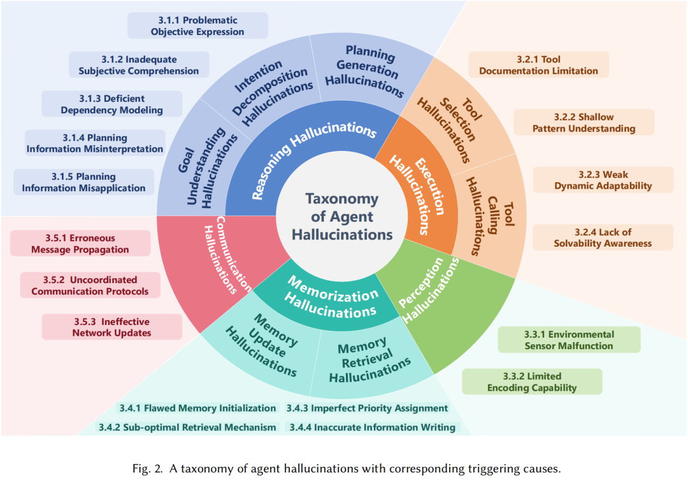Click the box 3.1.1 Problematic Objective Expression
(197, 25)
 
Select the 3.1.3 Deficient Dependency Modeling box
(112, 104)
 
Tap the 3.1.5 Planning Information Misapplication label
(83, 182)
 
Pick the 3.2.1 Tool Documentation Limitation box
(538, 65)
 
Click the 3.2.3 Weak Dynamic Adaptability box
(603, 180)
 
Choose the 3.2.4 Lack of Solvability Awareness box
(603, 237)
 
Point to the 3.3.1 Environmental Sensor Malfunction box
(569, 340)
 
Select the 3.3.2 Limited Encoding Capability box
(532, 382)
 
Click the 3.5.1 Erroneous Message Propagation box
(80, 243)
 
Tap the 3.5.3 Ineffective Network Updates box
(112, 327)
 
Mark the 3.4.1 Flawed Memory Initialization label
(197, 408)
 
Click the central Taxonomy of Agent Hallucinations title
(342, 217)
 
